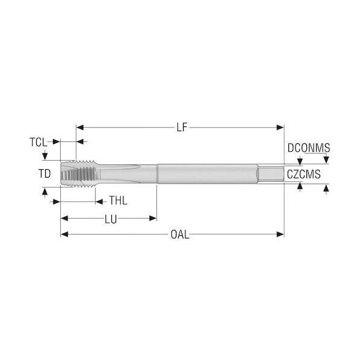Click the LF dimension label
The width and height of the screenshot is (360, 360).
pyautogui.click(x=182, y=127)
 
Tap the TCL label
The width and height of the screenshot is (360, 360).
pyautogui.click(x=39, y=142)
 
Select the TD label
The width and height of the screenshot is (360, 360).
pyautogui.click(x=45, y=173)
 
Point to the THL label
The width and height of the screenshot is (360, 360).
pyautogui.click(x=118, y=200)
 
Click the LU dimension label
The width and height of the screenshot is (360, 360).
pyautogui.click(x=111, y=219)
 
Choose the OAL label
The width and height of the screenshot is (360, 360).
pyautogui.click(x=180, y=235)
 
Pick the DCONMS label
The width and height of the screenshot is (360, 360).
pyautogui.click(x=309, y=148)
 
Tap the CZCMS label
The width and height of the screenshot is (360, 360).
pyautogui.click(x=304, y=174)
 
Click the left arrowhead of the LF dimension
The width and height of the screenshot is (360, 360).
pyautogui.click(x=79, y=128)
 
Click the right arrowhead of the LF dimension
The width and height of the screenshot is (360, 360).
pyautogui.click(x=281, y=128)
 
